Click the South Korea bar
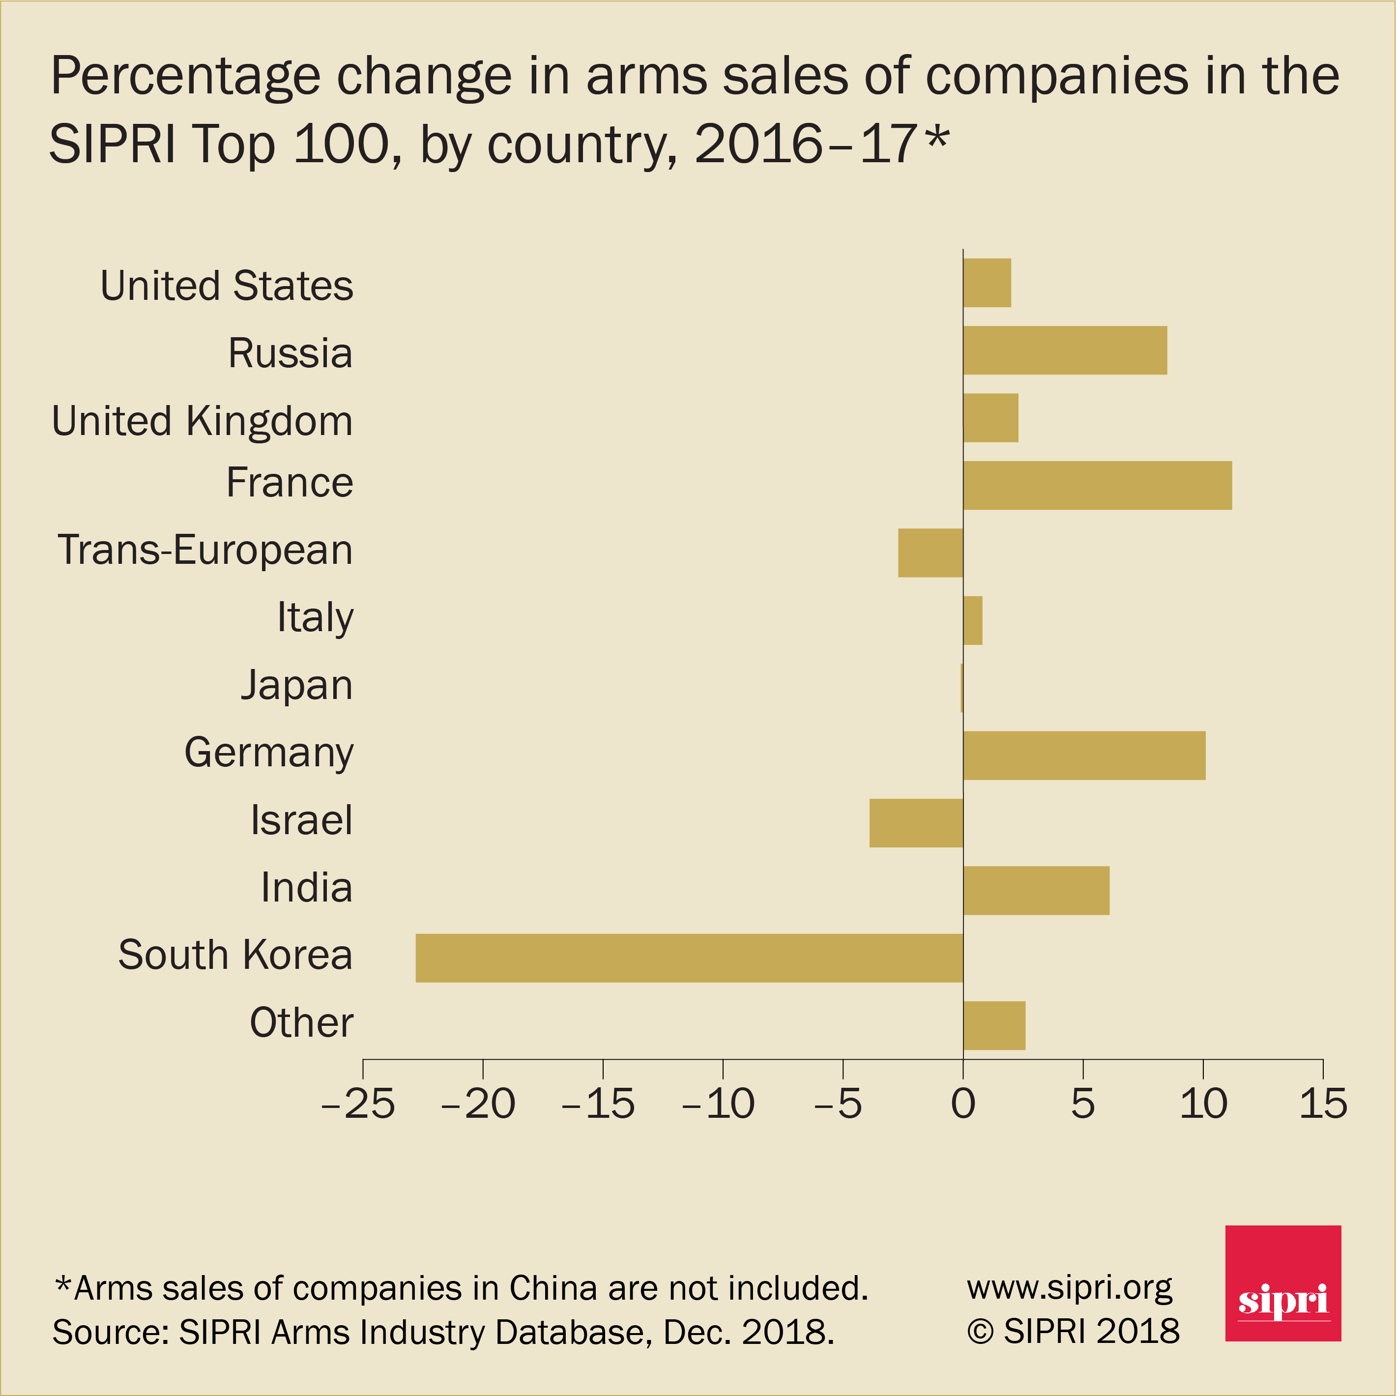point(689,958)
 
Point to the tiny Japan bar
point(962,688)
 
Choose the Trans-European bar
point(930,553)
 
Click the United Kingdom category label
point(203,421)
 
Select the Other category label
point(301,1022)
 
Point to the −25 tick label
point(358,1104)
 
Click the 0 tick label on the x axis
point(962,1104)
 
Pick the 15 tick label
point(1323,1104)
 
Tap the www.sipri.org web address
point(1070,1288)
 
